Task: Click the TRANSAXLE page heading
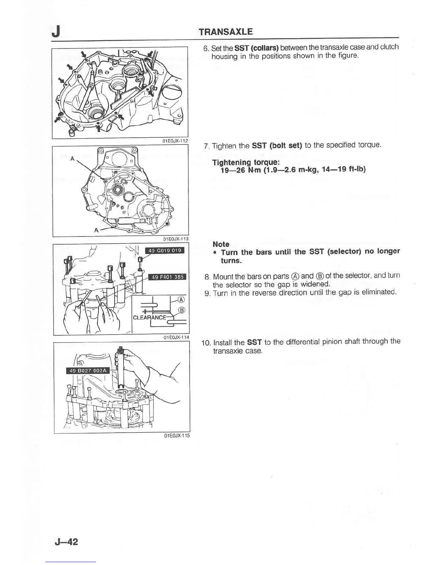(226, 31)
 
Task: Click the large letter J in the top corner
(56, 32)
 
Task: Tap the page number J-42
(66, 542)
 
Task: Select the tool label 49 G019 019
(165, 250)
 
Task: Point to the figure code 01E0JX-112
(175, 141)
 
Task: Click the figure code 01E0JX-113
(176, 239)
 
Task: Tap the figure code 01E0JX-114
(176, 337)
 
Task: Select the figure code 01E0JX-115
(177, 436)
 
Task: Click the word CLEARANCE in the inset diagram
(149, 317)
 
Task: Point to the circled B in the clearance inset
(181, 310)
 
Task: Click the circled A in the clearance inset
(181, 299)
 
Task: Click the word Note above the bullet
(221, 244)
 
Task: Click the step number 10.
(206, 343)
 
